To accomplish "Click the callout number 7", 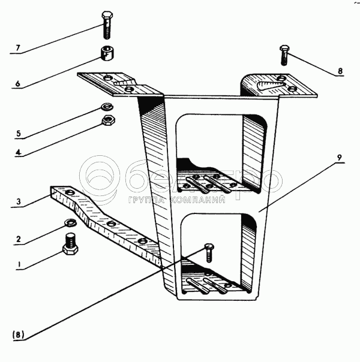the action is coord(18,48).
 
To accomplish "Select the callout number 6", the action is coord(18,83).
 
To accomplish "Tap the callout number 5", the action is coord(19,133).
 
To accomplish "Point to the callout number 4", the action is coord(19,152).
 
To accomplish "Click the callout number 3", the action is coord(19,201).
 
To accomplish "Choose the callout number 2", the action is coord(19,239).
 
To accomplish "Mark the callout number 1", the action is coord(19,264).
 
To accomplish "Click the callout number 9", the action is coord(339,158).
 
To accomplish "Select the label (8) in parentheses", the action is coord(18,335).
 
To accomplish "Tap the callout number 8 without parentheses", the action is coord(340,71).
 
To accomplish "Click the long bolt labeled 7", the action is coord(107,25).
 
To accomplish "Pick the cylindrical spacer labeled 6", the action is coord(107,53).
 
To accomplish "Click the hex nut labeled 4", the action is coord(109,120).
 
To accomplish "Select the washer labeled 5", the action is coord(107,107).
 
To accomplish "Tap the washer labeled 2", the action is coord(70,222).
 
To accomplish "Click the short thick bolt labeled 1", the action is coord(70,244).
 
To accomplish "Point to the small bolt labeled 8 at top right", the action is coord(284,55).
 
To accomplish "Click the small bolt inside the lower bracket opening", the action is coord(209,253).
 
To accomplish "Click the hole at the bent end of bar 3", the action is coord(69,192).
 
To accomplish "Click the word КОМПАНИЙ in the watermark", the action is coord(199,200).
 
